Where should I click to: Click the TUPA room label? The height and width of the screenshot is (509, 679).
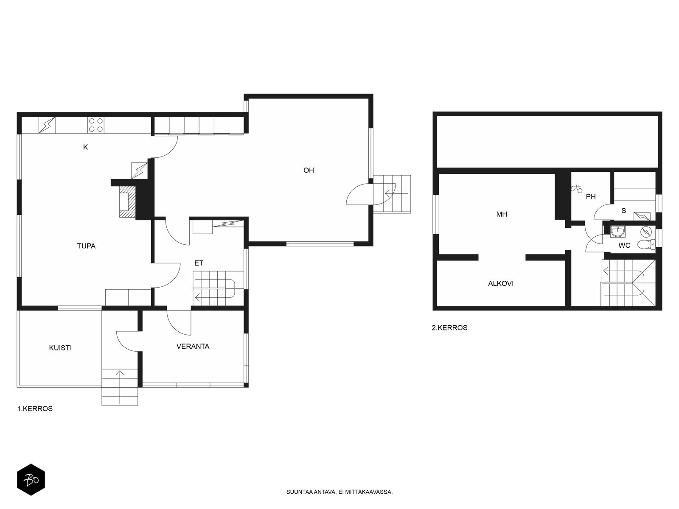[x=86, y=246]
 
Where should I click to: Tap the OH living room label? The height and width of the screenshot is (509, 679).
[x=309, y=170]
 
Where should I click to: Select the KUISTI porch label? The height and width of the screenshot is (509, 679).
[x=60, y=348]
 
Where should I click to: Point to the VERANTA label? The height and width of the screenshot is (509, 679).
[x=193, y=347]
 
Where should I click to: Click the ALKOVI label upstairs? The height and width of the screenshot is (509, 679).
[x=501, y=283]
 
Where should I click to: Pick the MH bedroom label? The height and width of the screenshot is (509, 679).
[x=502, y=214]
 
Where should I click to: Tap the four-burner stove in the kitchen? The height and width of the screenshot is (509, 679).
[x=95, y=125]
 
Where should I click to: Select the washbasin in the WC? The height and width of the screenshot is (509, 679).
[x=618, y=232]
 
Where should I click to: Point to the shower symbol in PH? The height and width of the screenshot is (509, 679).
[x=577, y=188]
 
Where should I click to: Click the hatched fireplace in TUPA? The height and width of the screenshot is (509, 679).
[x=127, y=202]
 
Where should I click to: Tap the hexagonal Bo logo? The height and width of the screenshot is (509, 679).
[x=31, y=480]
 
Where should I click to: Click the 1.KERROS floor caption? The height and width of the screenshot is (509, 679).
[x=35, y=408]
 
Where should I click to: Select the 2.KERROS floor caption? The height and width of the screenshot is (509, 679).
[x=449, y=327]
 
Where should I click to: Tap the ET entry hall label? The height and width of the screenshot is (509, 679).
[x=199, y=263]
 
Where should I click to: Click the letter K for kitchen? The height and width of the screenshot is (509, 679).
[x=85, y=147]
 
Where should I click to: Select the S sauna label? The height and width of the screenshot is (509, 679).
[x=624, y=210]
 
